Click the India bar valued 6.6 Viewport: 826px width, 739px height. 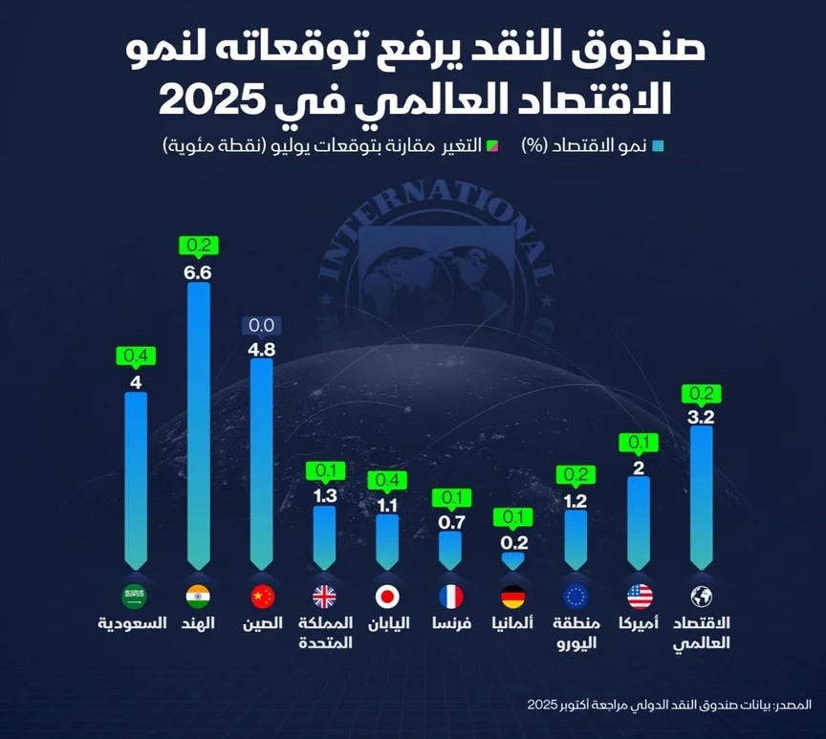point(199,425)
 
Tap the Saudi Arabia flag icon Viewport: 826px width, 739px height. point(134,597)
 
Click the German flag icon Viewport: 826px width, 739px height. point(513,597)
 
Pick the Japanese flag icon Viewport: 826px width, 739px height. point(387,597)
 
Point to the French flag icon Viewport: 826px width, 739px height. point(450,597)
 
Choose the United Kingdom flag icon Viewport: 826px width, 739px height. point(325,597)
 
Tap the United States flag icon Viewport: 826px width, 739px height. point(640,597)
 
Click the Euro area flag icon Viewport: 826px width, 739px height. point(576,597)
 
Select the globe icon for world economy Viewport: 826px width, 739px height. point(702,597)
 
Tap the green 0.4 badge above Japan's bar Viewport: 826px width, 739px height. point(387,479)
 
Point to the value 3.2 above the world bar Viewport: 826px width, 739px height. point(702,416)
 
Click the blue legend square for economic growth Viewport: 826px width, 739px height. point(657,146)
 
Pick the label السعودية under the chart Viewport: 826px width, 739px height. point(133,623)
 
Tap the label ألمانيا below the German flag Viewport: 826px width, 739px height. point(513,623)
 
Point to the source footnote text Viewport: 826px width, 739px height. point(669,705)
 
